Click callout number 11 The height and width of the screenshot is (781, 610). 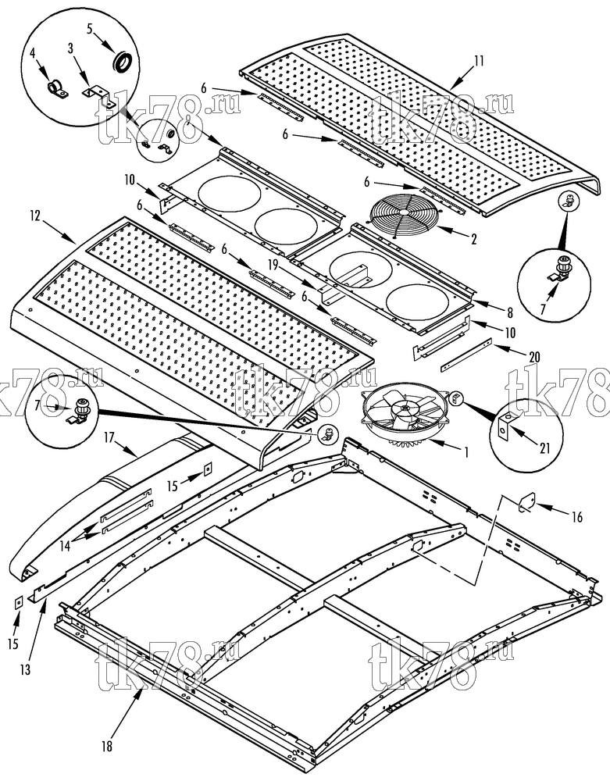[479, 61]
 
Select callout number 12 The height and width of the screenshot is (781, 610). [35, 216]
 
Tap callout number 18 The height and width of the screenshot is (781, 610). [106, 746]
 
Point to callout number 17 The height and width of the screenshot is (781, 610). [109, 437]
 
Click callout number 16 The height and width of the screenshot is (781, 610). [576, 517]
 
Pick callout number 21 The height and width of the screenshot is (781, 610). [544, 448]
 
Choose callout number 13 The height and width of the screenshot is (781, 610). [25, 670]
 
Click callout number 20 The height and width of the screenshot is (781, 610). [534, 357]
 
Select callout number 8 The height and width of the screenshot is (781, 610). [510, 313]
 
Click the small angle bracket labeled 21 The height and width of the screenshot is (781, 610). [505, 427]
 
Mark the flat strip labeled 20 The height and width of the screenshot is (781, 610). [466, 355]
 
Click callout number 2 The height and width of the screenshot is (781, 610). [473, 240]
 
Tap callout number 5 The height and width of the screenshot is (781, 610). [90, 29]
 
